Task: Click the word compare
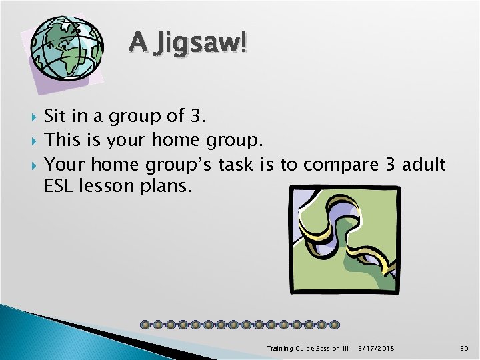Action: point(336,165)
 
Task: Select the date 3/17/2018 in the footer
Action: point(375,348)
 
